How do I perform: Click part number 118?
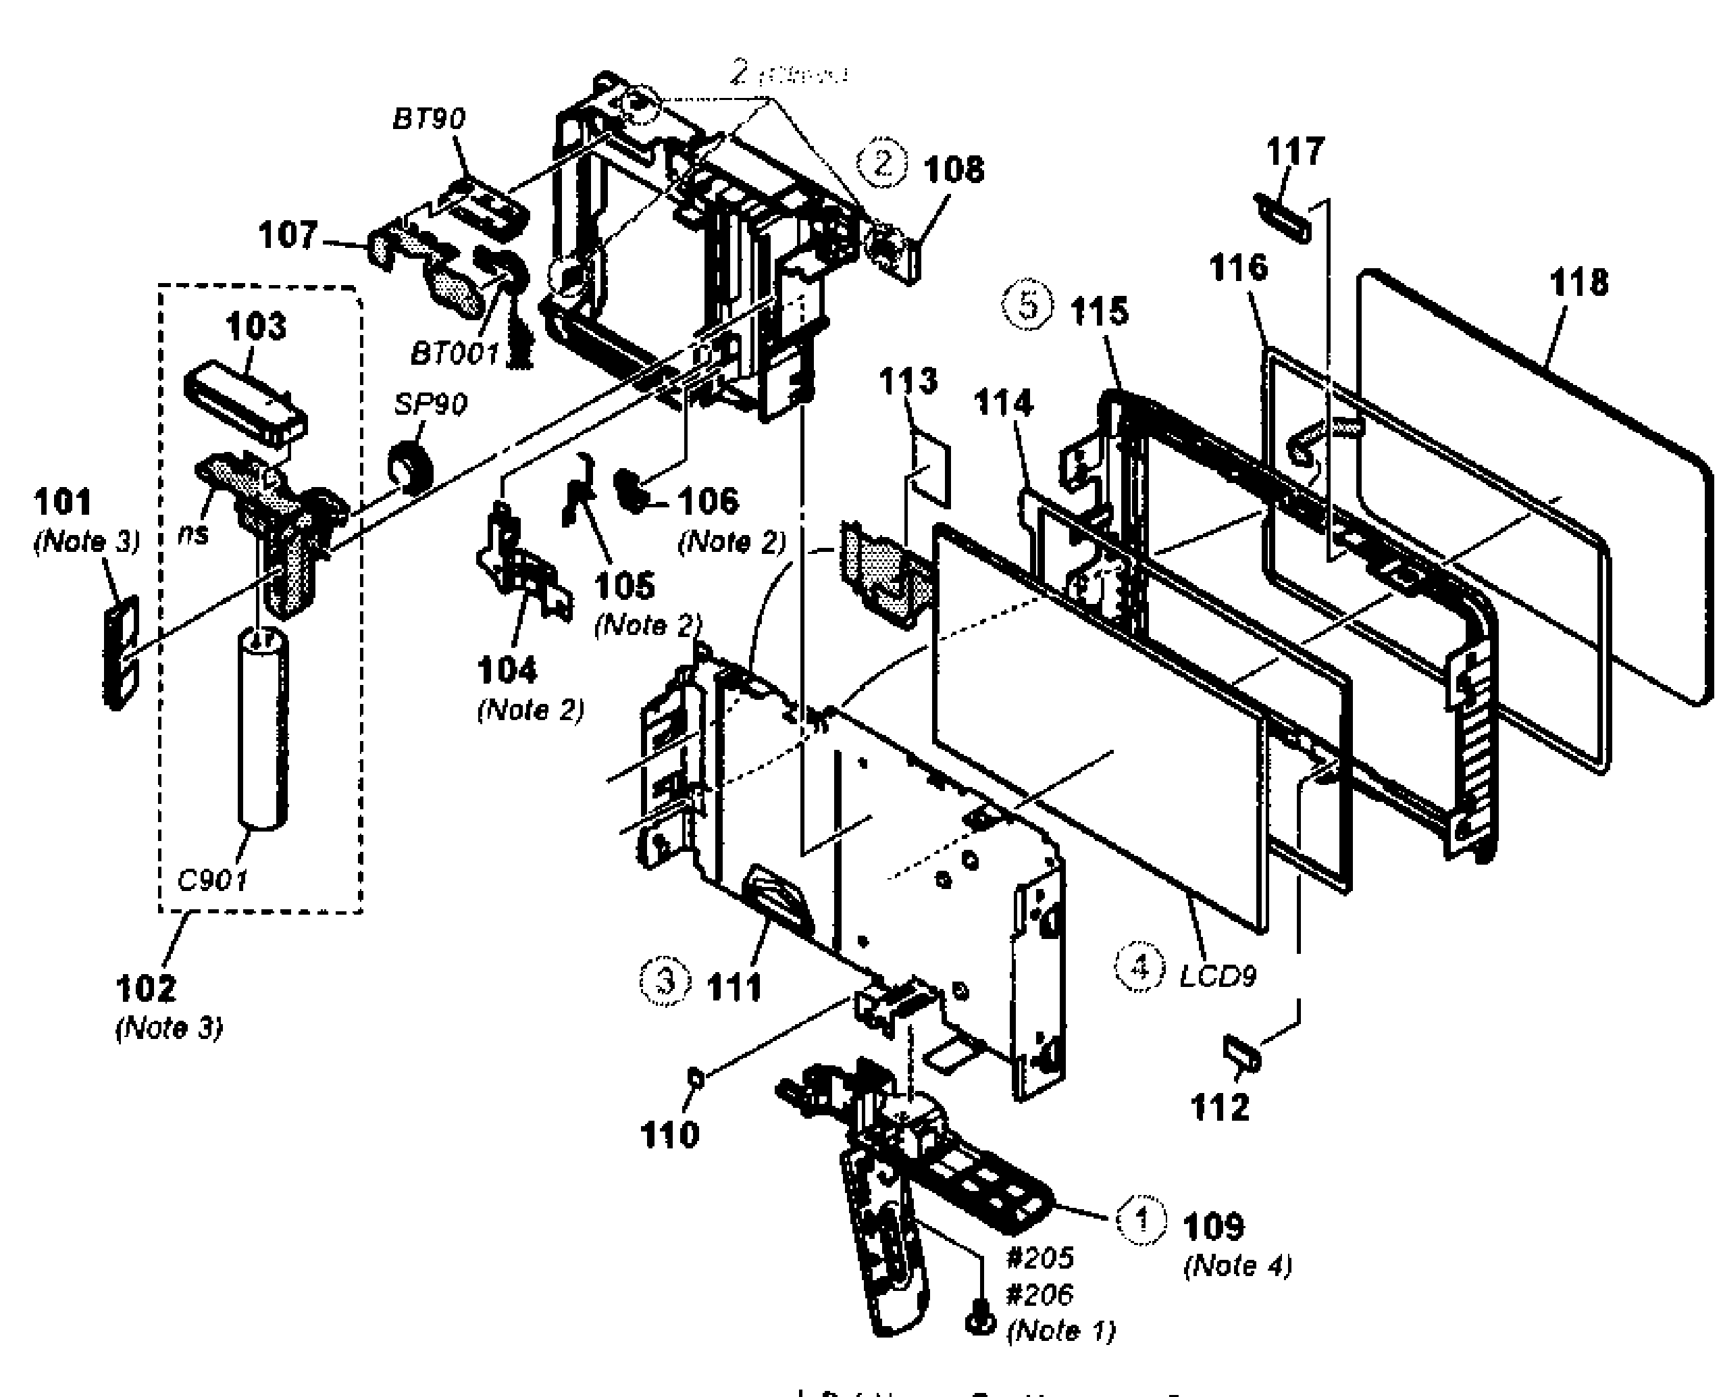pyautogui.click(x=1578, y=282)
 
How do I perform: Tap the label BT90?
pyautogui.click(x=428, y=119)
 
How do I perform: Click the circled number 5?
pyautogui.click(x=1027, y=307)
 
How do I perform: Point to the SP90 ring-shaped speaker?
pyautogui.click(x=411, y=467)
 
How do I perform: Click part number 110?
pyautogui.click(x=669, y=1136)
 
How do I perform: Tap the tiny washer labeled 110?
pyautogui.click(x=697, y=1077)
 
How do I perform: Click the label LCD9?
pyautogui.click(x=1217, y=977)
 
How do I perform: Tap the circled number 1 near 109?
pyautogui.click(x=1141, y=1221)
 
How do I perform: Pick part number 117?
pyautogui.click(x=1295, y=151)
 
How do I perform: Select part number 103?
pyautogui.click(x=256, y=327)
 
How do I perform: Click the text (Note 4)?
pyautogui.click(x=1237, y=1266)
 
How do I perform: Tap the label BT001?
pyautogui.click(x=455, y=353)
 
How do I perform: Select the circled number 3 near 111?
pyautogui.click(x=665, y=982)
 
